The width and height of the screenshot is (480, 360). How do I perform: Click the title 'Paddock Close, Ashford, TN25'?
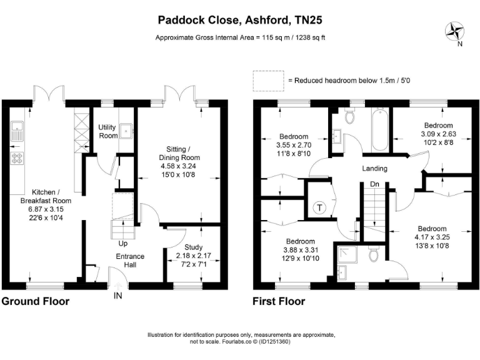click(x=240, y=20)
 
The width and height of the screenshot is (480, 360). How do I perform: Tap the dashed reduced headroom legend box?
click(x=268, y=81)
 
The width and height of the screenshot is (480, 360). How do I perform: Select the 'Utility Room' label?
click(x=108, y=131)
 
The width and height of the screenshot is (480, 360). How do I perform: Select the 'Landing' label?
click(x=375, y=168)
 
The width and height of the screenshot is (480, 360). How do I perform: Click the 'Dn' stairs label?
click(x=374, y=184)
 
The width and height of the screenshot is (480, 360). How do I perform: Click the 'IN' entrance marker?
click(x=117, y=295)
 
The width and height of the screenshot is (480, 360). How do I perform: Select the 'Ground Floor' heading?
click(x=35, y=301)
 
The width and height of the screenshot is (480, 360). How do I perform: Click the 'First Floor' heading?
click(x=279, y=301)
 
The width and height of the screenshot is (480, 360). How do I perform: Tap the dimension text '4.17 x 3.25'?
click(x=432, y=237)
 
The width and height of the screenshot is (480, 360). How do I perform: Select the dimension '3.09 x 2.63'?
click(x=438, y=133)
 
